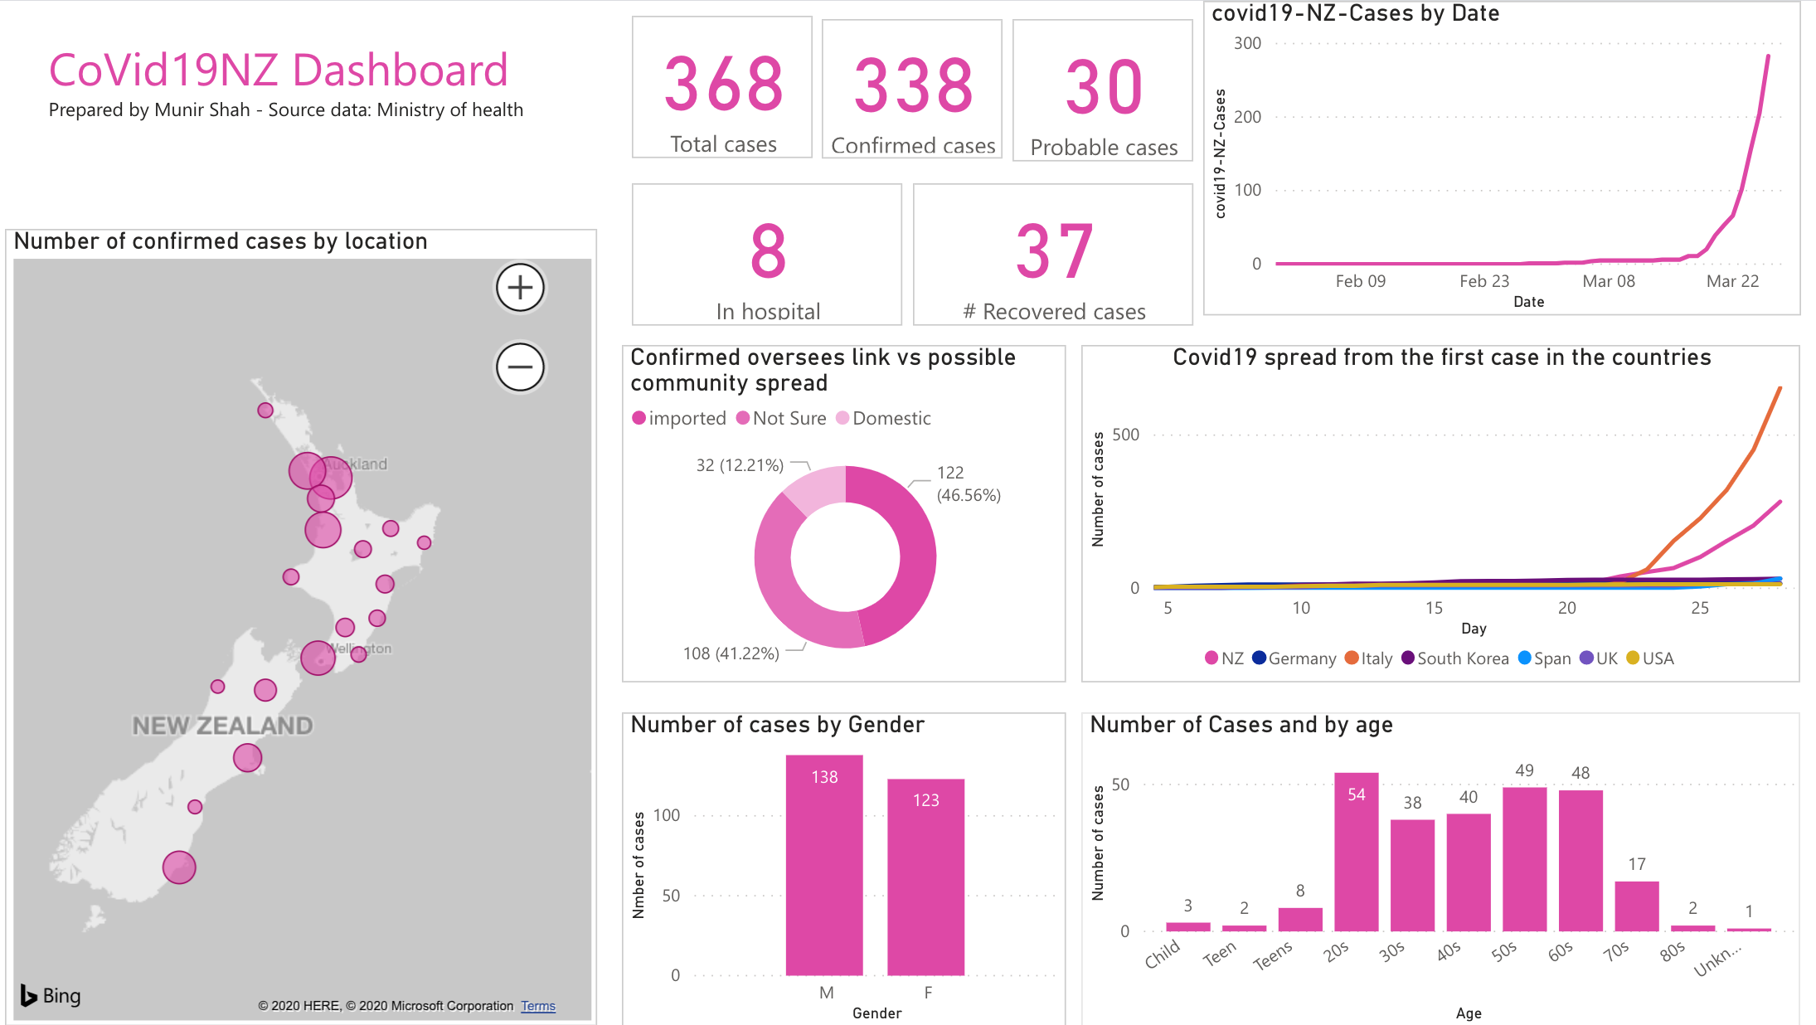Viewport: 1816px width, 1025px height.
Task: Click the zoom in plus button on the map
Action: [520, 288]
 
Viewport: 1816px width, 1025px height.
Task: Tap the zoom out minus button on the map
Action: [520, 367]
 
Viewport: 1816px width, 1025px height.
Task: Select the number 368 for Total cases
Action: [723, 85]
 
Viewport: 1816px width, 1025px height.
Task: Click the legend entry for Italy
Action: [1369, 658]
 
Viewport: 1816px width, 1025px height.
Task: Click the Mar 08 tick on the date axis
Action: [1608, 281]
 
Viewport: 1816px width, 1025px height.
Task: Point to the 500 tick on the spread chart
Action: [1125, 435]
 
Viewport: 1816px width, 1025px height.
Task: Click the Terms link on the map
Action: [538, 1006]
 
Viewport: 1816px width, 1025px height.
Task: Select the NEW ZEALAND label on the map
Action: [222, 726]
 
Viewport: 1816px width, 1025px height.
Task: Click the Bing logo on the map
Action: [51, 995]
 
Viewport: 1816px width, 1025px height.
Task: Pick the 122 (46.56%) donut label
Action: [968, 483]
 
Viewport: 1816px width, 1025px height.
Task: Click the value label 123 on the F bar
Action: [925, 800]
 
